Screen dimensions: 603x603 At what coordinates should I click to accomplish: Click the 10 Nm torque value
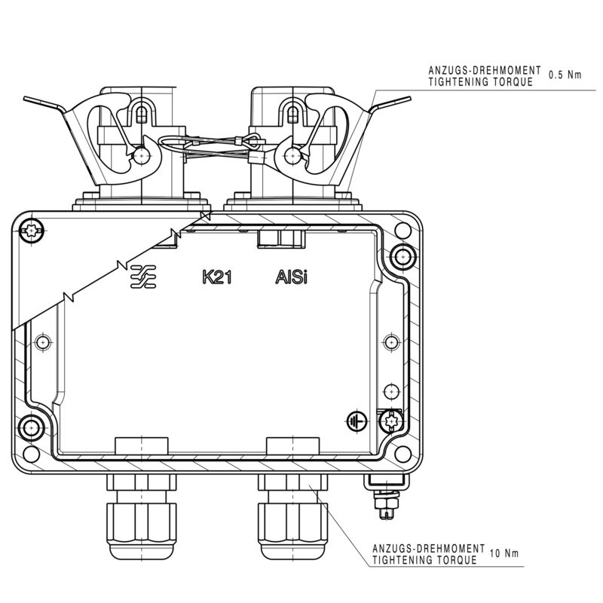coord(505,554)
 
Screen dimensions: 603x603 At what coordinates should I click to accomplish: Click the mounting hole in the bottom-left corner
coord(32,428)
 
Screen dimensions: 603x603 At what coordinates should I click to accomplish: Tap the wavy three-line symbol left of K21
coord(143,277)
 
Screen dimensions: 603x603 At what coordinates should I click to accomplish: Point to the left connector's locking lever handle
coord(45,106)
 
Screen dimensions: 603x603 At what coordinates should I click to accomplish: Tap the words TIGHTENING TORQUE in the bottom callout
coord(425,560)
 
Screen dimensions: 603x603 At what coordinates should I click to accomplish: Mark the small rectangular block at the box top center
coord(280,238)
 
